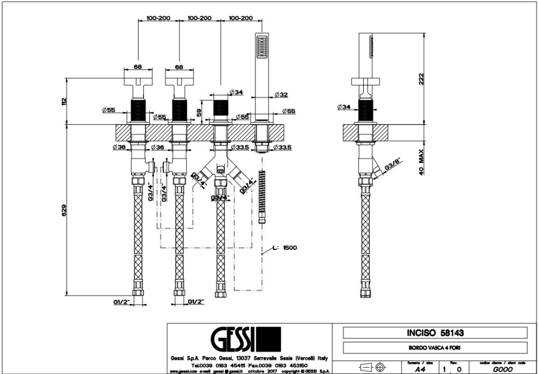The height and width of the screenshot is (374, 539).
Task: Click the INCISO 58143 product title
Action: [x=435, y=333]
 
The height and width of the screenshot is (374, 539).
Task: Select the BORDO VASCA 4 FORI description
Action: [x=435, y=348]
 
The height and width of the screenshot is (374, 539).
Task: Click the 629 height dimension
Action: [x=63, y=210]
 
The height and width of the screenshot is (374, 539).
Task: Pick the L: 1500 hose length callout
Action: [x=285, y=248]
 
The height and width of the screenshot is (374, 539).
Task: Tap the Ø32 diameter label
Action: [x=281, y=95]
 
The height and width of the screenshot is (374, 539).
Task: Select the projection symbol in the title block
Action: [x=374, y=368]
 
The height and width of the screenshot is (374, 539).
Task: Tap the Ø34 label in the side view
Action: [x=344, y=107]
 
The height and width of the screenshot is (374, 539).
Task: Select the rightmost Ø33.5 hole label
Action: [x=282, y=147]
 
